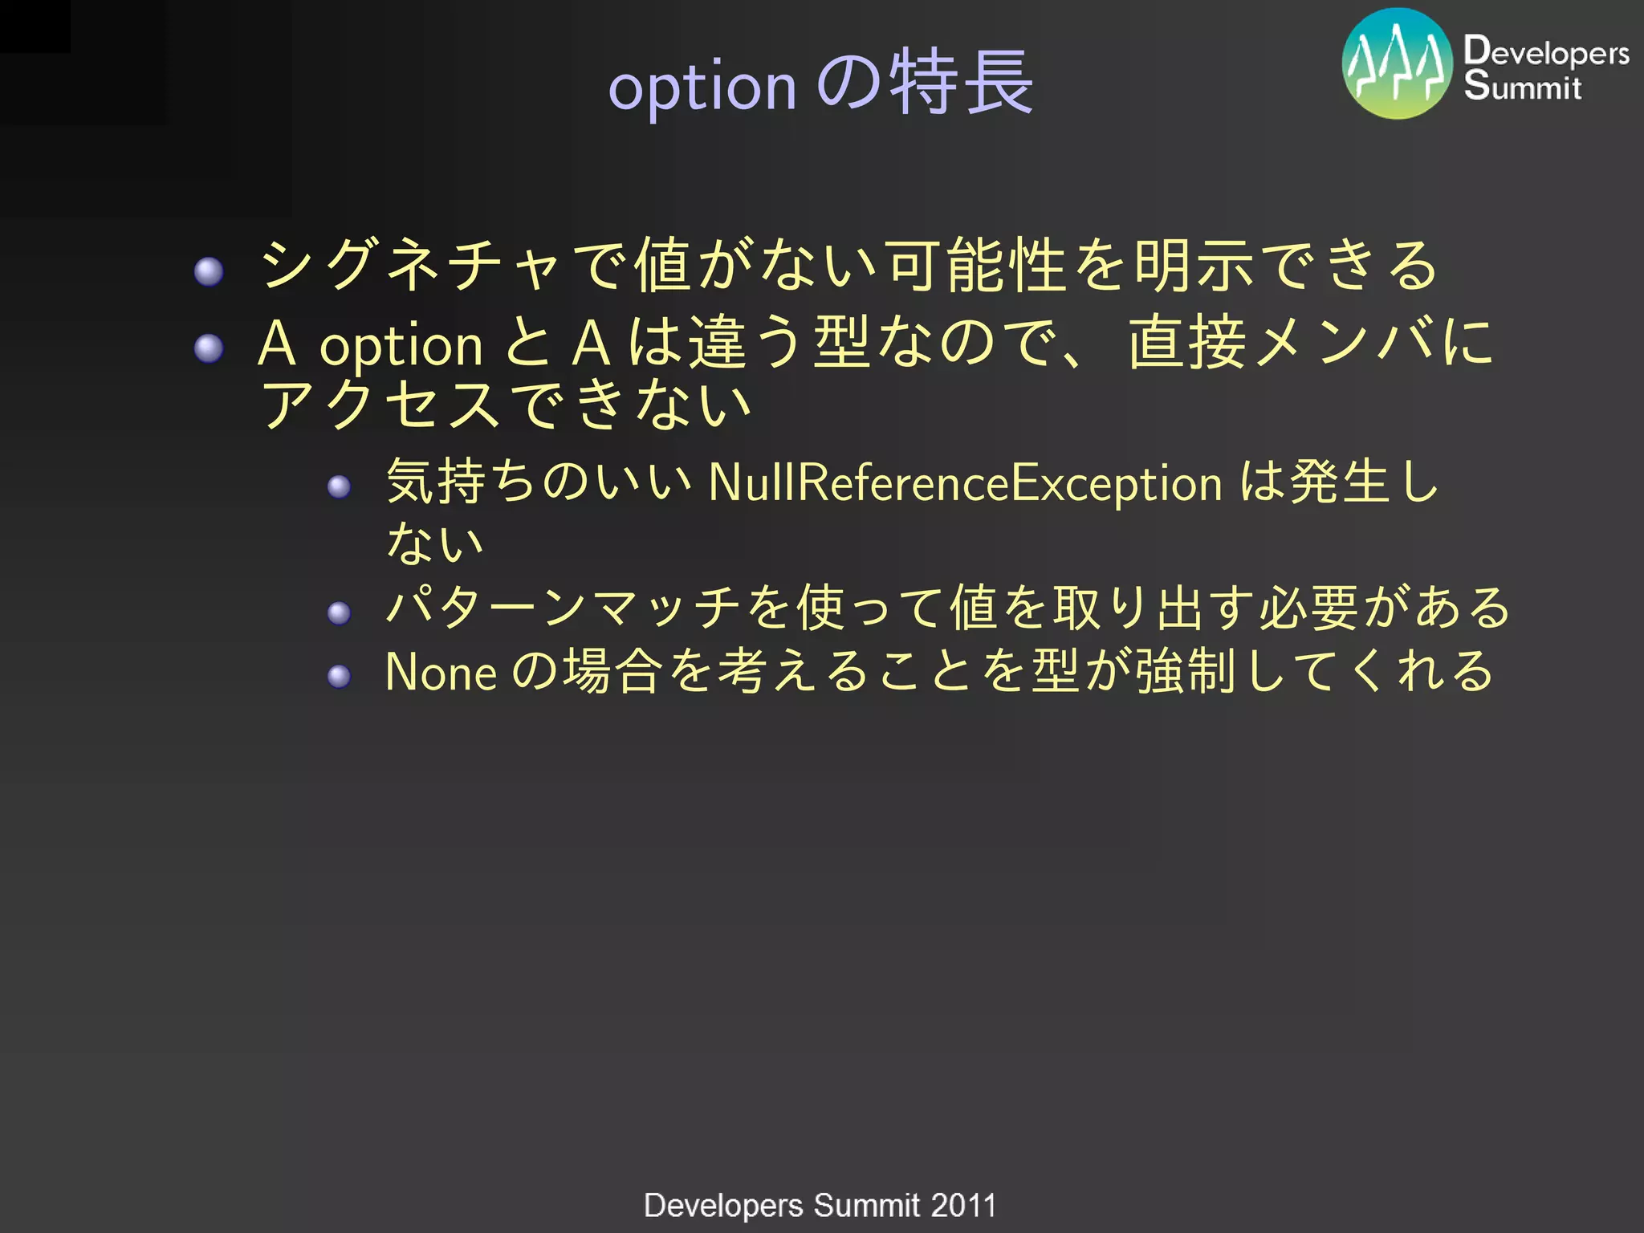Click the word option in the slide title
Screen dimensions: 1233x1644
[702, 87]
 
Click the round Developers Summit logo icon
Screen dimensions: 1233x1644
[1398, 64]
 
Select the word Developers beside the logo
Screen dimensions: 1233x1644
[1546, 51]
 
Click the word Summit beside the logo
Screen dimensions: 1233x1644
[1522, 86]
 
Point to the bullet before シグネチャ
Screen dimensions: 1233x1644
[209, 271]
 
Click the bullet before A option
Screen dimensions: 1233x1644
[209, 348]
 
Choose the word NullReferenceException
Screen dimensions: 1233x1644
[966, 482]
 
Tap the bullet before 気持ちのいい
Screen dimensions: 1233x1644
[340, 486]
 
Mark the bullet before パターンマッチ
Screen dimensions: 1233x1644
[340, 613]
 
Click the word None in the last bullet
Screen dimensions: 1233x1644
[441, 672]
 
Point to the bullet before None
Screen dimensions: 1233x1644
[340, 676]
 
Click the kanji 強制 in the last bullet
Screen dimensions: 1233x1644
[1185, 671]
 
